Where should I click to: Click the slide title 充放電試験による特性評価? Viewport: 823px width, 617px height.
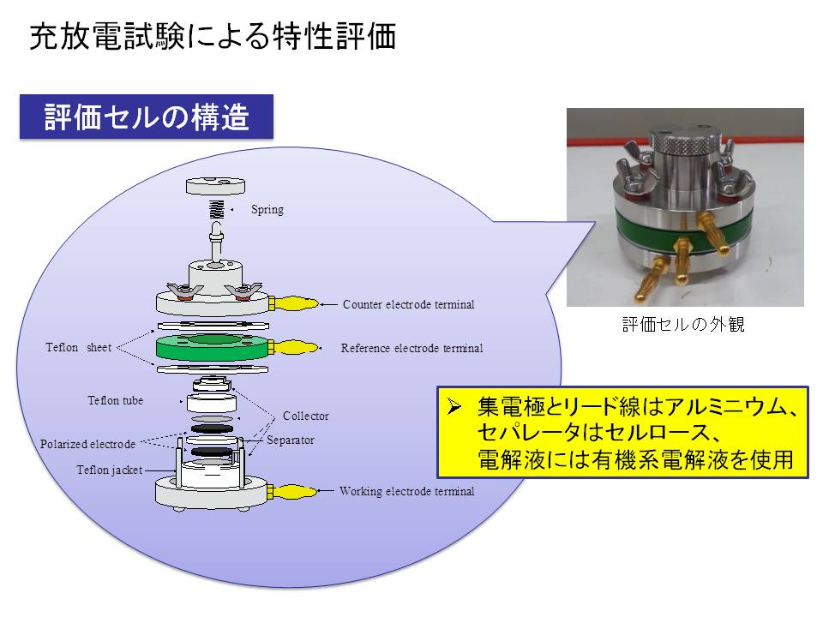213,37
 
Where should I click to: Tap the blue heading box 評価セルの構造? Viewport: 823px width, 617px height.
147,117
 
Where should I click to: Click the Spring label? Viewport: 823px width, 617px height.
267,209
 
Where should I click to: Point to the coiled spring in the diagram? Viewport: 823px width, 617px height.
216,209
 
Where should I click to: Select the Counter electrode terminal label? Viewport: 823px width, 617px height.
408,304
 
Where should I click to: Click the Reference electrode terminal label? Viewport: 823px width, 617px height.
412,348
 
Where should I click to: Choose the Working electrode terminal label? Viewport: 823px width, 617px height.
406,491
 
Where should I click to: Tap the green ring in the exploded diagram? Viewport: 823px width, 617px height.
213,347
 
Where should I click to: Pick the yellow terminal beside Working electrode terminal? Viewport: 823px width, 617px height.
294,492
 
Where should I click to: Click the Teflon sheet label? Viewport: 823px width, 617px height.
79,347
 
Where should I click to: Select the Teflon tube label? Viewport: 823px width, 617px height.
116,400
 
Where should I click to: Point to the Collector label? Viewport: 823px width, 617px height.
306,416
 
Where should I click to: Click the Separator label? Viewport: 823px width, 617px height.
291,440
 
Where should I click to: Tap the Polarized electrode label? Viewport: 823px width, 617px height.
87,444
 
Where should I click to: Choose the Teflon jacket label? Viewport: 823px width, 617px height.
110,470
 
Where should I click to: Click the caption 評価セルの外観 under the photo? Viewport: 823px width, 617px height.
683,324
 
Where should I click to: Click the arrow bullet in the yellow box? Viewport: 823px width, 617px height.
454,407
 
